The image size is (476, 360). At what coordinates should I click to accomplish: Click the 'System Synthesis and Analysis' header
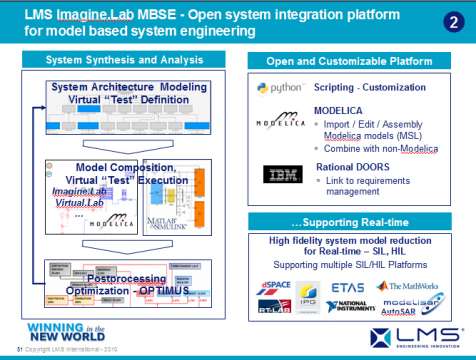click(x=125, y=61)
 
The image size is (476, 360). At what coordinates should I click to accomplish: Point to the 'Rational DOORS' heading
click(x=356, y=161)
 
